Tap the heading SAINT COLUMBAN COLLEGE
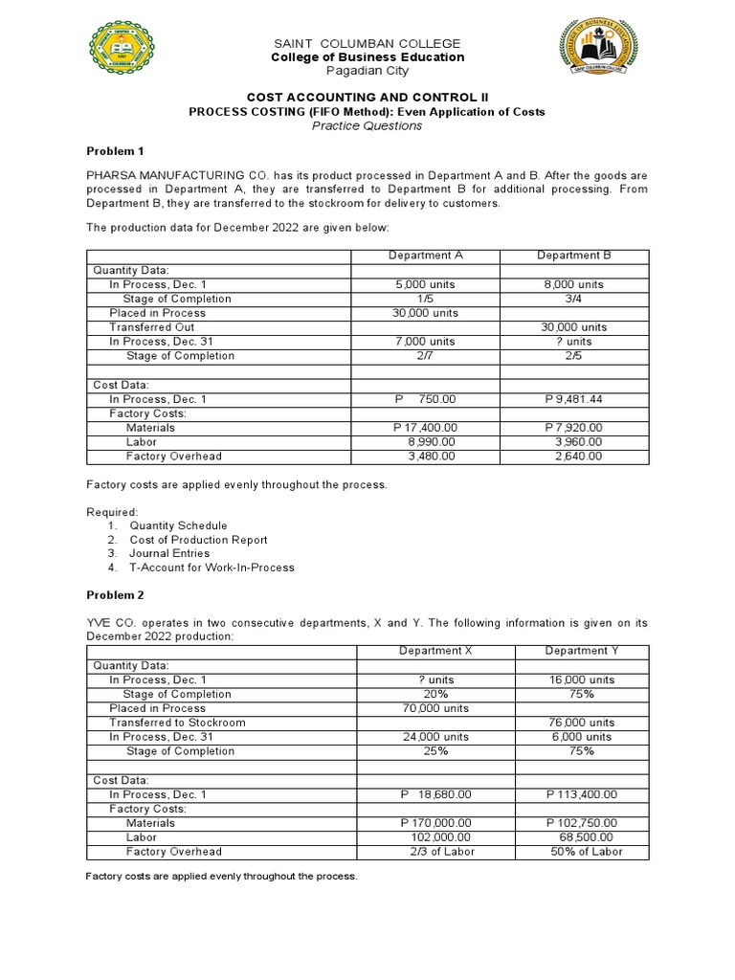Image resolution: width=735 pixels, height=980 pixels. [x=367, y=44]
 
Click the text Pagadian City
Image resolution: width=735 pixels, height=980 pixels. [x=367, y=71]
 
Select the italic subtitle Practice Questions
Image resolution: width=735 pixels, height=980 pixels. [x=367, y=125]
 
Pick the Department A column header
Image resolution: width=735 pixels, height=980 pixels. [x=426, y=256]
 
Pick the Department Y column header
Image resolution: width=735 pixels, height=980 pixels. [x=582, y=651]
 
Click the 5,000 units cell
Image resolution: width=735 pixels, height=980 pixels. [x=426, y=284]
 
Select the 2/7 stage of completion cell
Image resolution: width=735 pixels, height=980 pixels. [x=426, y=356]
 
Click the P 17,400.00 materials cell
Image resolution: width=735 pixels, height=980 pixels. [x=426, y=428]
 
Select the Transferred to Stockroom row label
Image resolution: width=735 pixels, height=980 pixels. [x=177, y=723]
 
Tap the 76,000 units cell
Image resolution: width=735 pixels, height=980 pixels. [x=581, y=723]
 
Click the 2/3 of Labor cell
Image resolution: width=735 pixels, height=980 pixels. [x=435, y=852]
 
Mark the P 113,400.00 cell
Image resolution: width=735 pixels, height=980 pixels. [x=581, y=794]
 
